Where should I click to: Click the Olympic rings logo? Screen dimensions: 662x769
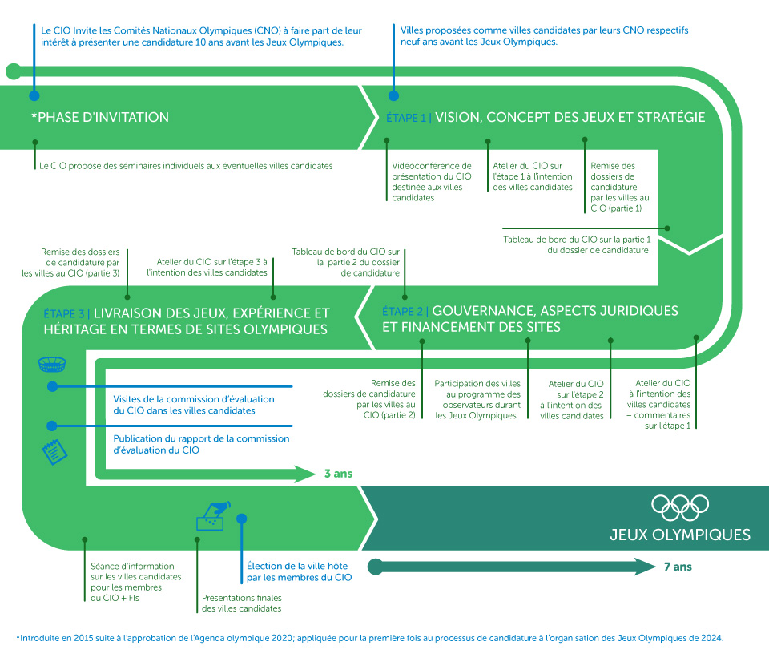[x=680, y=506]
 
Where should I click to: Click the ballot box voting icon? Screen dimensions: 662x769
[x=213, y=516]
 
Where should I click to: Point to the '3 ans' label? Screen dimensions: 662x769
[x=338, y=474]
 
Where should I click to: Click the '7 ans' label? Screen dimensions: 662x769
[x=678, y=567]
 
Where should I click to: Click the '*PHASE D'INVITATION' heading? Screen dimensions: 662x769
[x=99, y=117]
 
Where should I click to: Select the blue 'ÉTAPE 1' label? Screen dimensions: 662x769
[x=406, y=118]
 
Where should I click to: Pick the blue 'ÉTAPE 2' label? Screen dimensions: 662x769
[x=403, y=311]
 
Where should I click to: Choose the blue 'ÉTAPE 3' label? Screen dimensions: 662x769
[x=63, y=313]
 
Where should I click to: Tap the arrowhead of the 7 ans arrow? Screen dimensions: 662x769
[x=646, y=567]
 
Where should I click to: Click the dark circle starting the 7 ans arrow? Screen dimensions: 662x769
[x=374, y=567]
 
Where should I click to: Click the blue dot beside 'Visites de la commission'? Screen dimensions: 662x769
[x=52, y=387]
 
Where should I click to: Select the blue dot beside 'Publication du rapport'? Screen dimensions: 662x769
[x=52, y=426]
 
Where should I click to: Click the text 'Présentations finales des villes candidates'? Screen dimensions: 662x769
[x=241, y=603]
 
